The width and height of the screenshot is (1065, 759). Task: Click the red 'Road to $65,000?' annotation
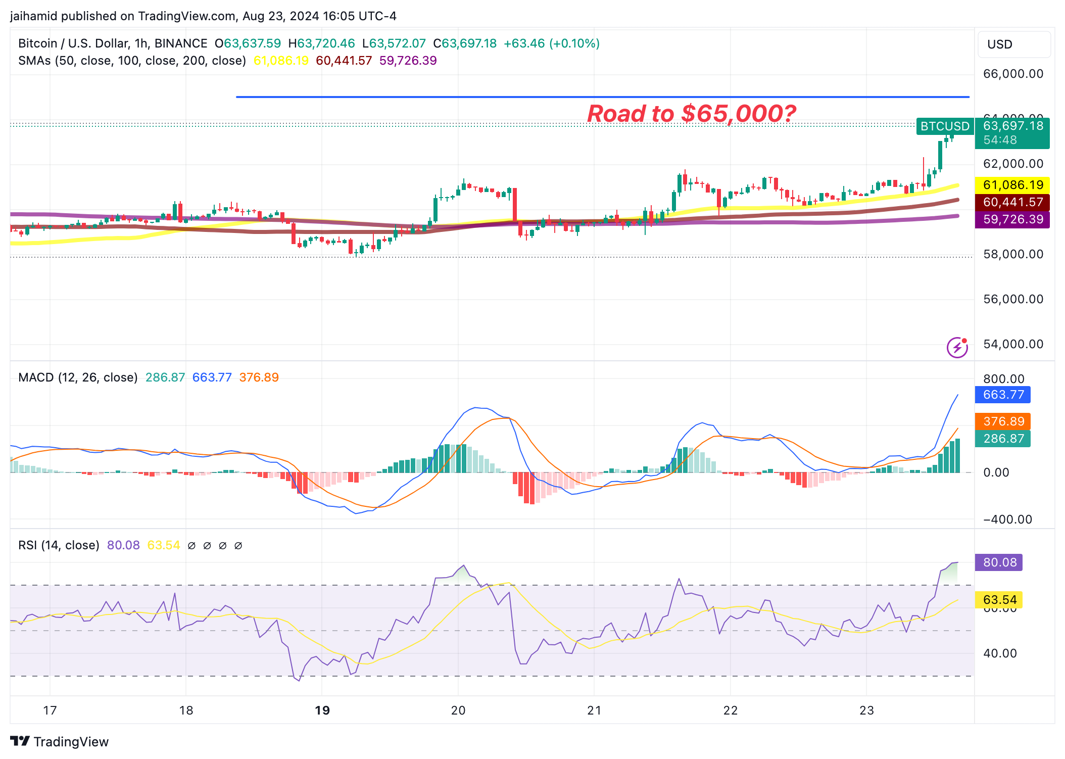691,114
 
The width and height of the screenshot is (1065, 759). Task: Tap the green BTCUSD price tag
944,126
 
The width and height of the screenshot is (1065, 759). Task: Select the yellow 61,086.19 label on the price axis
1012,185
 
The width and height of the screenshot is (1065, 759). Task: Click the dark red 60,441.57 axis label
1012,202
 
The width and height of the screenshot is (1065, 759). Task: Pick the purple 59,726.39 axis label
1012,219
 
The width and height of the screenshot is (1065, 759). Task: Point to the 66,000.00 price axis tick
1012,74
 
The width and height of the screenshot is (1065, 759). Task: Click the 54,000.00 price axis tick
1012,344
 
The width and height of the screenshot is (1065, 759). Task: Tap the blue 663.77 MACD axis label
1003,395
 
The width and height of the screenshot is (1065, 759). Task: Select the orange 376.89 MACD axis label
1003,421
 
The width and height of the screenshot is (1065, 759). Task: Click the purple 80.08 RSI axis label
999,562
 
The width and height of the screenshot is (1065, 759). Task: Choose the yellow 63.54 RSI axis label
999,600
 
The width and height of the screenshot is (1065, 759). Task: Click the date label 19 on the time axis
322,710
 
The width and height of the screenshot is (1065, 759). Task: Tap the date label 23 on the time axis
866,710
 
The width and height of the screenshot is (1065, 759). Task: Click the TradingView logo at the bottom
60,741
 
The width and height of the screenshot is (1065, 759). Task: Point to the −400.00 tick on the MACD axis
1007,519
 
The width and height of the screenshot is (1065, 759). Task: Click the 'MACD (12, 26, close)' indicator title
78,377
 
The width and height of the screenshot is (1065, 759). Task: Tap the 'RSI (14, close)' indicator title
59,545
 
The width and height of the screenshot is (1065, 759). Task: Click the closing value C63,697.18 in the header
465,43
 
